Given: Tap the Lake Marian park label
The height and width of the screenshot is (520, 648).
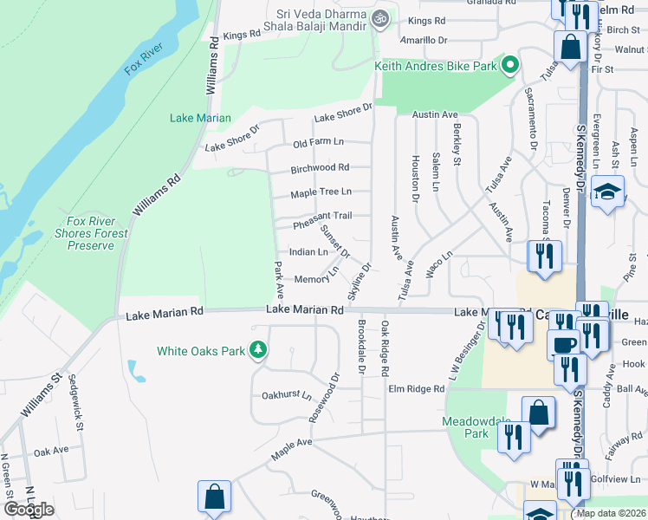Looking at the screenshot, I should tap(201, 118).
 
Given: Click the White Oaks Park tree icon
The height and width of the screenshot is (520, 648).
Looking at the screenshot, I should tap(257, 350).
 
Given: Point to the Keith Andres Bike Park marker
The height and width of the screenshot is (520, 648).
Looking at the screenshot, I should tap(511, 65).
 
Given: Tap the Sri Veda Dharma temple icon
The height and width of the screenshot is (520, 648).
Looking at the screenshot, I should tap(379, 17).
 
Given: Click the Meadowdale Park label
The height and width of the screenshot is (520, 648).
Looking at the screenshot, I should tap(472, 426).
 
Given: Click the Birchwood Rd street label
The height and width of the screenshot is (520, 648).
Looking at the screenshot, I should tap(320, 168).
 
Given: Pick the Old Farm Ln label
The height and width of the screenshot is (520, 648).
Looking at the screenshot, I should tap(318, 143).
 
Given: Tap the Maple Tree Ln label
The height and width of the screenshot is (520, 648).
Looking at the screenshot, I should tap(321, 193).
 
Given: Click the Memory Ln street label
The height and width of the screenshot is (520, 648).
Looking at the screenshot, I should tap(316, 277).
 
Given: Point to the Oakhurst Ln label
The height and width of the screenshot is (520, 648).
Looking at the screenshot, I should tap(286, 396).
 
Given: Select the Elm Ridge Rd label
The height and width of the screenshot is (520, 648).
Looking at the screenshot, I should tap(416, 390).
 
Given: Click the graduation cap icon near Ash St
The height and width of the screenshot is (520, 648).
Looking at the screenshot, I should tap(608, 192).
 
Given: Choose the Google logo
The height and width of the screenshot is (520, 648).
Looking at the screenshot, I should tap(29, 510).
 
